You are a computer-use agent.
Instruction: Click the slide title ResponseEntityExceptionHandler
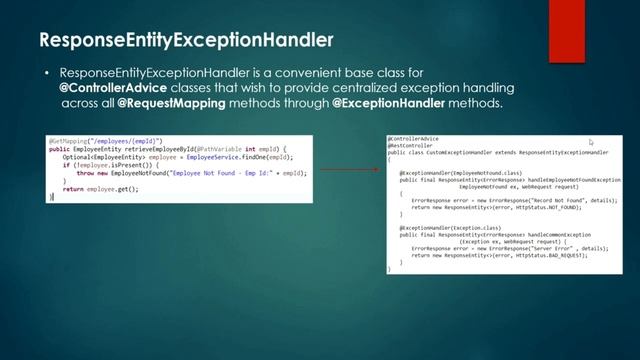(186, 41)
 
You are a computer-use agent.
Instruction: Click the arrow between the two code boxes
(349, 155)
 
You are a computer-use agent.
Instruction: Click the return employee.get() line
(96, 188)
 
